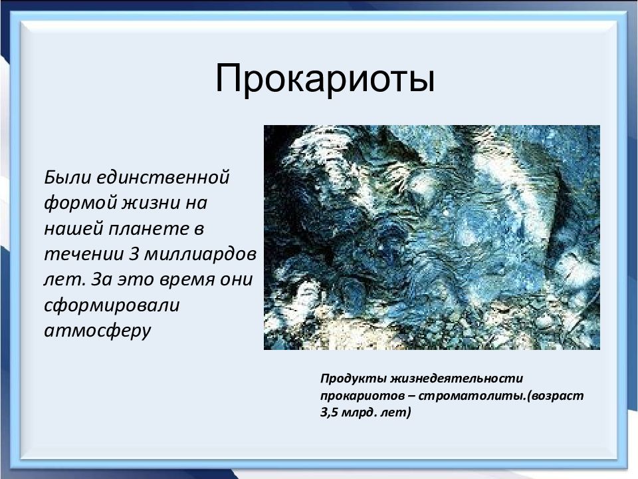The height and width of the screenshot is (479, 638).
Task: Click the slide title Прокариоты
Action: point(325,79)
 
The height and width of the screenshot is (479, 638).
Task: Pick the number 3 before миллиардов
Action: point(134,253)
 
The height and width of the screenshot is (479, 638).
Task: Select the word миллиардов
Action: point(201,255)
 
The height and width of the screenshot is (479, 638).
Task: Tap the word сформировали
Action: point(112,306)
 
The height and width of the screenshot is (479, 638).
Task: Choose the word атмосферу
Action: point(98,331)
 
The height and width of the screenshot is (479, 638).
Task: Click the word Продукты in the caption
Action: point(353,379)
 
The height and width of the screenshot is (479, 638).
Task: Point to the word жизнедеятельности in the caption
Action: point(457,379)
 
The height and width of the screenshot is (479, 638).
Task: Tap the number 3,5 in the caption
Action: point(329,412)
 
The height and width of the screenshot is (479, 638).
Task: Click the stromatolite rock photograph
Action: point(432,238)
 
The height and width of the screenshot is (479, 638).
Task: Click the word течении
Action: point(84,255)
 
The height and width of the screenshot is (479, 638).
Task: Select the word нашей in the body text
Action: point(72,229)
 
